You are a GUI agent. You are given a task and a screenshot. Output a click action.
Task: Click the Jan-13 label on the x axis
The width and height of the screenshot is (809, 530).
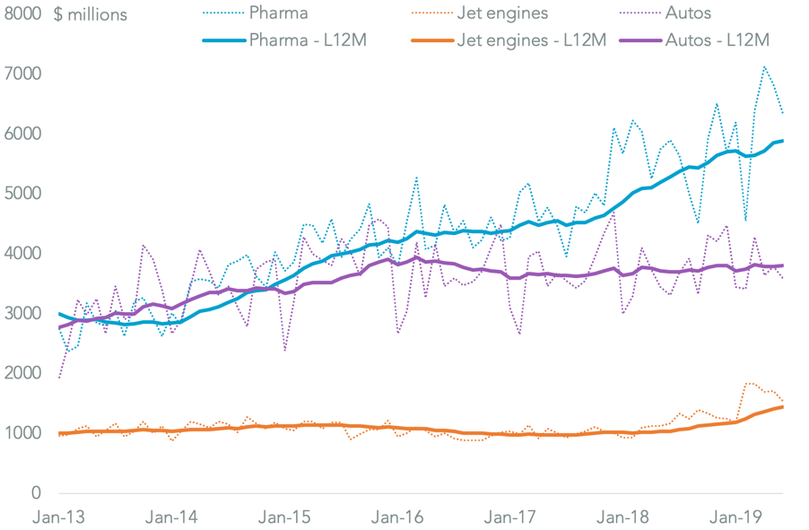58,517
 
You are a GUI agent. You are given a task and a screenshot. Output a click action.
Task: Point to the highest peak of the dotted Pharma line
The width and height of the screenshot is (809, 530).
764,66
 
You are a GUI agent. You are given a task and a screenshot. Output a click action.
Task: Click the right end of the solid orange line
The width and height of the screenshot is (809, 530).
783,407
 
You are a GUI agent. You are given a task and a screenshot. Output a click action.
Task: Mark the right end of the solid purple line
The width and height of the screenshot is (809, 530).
783,265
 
